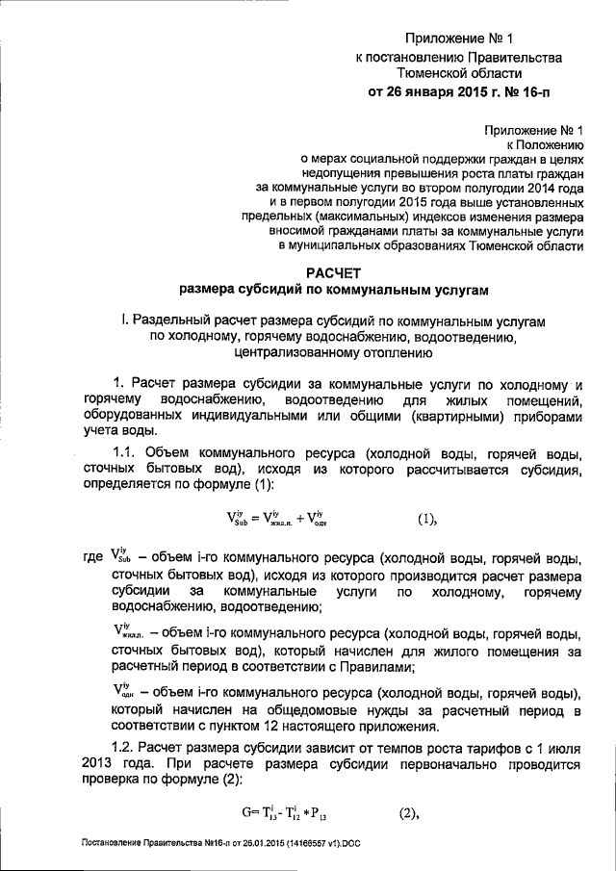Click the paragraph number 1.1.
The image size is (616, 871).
click(x=128, y=452)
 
